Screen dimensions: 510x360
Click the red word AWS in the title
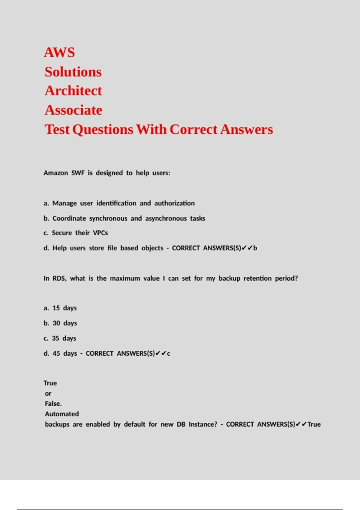59,52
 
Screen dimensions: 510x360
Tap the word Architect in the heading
73,91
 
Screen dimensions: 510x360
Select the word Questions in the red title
103,130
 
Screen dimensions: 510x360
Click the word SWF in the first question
78,173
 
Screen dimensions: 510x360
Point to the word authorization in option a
174,203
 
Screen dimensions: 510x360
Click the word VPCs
100,233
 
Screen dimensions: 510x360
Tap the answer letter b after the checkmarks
255,248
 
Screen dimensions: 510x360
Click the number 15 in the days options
56,308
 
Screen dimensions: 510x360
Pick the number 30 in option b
56,323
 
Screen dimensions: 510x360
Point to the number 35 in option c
55,338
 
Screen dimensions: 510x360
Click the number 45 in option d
56,353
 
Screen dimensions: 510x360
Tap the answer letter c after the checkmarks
169,354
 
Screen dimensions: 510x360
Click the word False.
53,404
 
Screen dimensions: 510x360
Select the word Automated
62,414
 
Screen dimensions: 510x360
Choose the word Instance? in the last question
203,424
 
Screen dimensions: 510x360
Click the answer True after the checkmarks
314,424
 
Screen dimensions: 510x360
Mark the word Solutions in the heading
73,72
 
